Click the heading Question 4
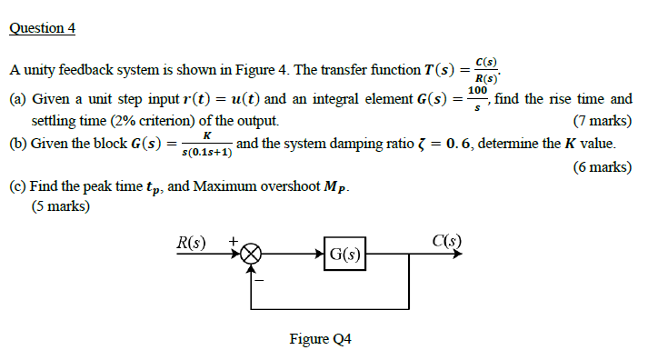[43, 28]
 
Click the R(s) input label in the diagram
[191, 242]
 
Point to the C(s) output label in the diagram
[447, 241]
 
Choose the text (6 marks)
[602, 166]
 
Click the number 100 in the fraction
[478, 91]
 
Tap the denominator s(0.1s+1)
[206, 153]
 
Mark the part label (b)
[17, 144]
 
